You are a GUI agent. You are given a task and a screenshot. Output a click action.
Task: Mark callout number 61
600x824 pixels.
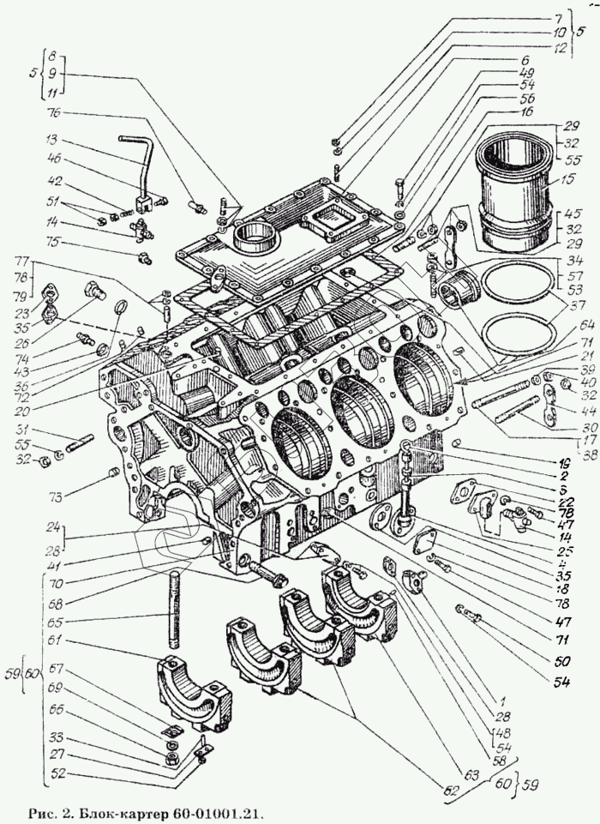[56, 641]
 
